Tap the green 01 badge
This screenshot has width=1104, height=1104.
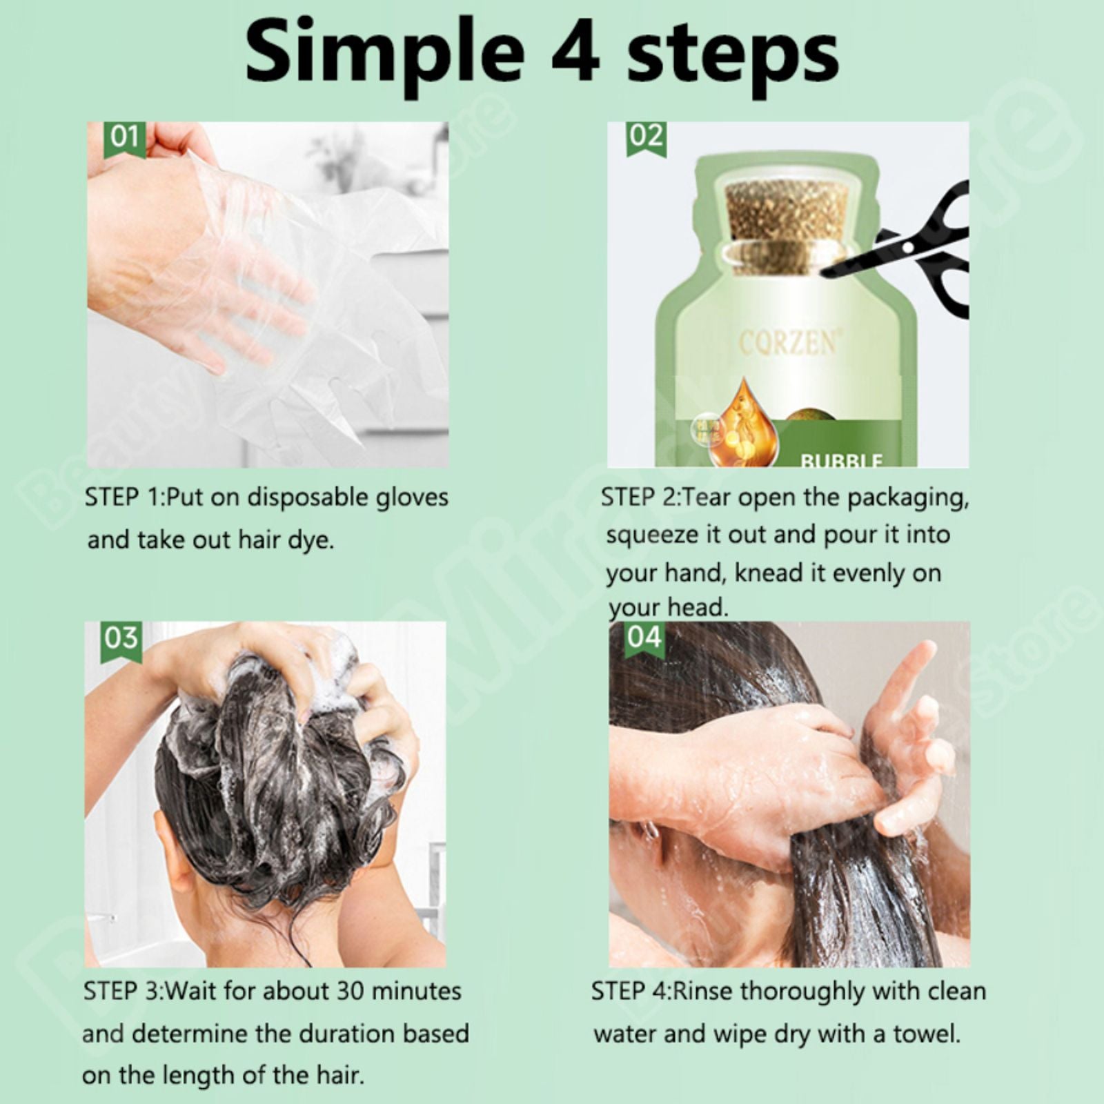click(x=124, y=137)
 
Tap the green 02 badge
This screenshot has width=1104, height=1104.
click(x=646, y=136)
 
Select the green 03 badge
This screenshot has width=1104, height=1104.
click(x=121, y=638)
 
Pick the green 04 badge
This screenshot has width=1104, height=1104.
click(x=644, y=637)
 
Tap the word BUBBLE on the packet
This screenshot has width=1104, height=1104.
click(x=841, y=460)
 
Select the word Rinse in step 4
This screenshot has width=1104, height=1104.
click(x=703, y=992)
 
